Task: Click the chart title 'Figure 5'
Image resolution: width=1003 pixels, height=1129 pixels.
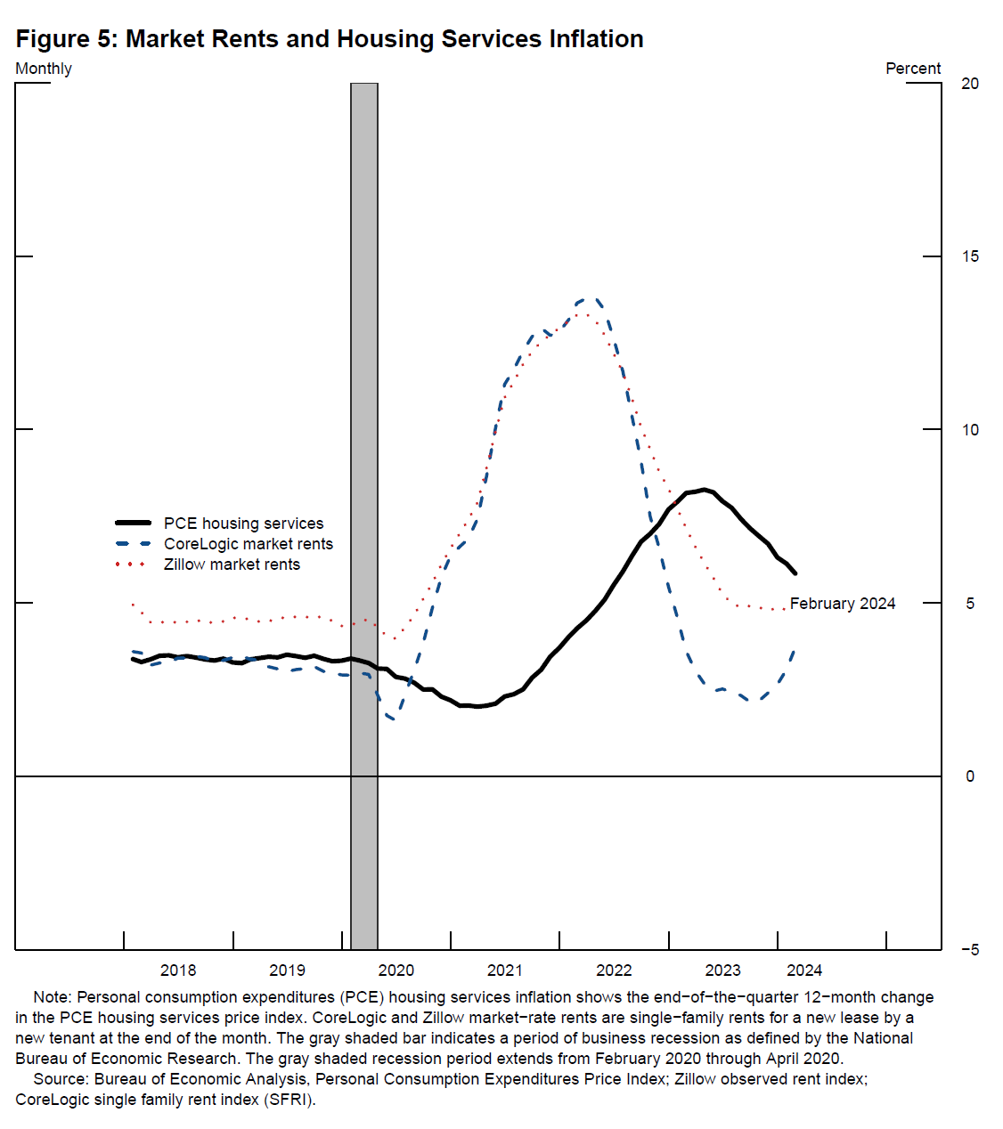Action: (x=330, y=39)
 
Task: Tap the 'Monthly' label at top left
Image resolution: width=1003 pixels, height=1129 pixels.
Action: (x=44, y=69)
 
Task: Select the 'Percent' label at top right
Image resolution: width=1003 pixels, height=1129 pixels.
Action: (x=913, y=69)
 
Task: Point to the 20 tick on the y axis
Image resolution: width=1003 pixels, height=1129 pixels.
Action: (x=970, y=84)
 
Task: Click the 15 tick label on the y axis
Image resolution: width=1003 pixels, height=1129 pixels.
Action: (x=970, y=256)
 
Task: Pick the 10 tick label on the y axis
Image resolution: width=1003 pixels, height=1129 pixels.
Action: (x=970, y=430)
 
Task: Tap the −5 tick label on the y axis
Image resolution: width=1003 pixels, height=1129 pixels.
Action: (x=969, y=950)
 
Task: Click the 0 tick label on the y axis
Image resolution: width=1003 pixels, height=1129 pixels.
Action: (x=970, y=776)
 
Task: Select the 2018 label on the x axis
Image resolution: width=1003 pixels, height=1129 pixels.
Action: (x=178, y=971)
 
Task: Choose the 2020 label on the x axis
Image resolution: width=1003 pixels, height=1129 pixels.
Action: (x=396, y=971)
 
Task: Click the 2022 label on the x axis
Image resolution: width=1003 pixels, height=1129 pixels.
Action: (x=614, y=971)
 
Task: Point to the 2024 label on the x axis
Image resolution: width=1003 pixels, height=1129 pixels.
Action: (x=804, y=971)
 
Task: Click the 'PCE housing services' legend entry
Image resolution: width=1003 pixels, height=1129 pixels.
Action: (x=243, y=524)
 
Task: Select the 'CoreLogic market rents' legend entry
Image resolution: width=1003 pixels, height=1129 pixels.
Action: (x=248, y=544)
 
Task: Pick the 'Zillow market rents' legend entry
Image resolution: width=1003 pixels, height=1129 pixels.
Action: (x=232, y=564)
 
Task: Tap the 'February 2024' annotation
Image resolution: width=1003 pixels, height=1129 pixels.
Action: (x=843, y=604)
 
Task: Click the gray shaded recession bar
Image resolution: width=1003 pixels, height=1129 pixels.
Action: (x=364, y=516)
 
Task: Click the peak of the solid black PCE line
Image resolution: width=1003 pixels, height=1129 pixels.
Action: (x=704, y=489)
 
